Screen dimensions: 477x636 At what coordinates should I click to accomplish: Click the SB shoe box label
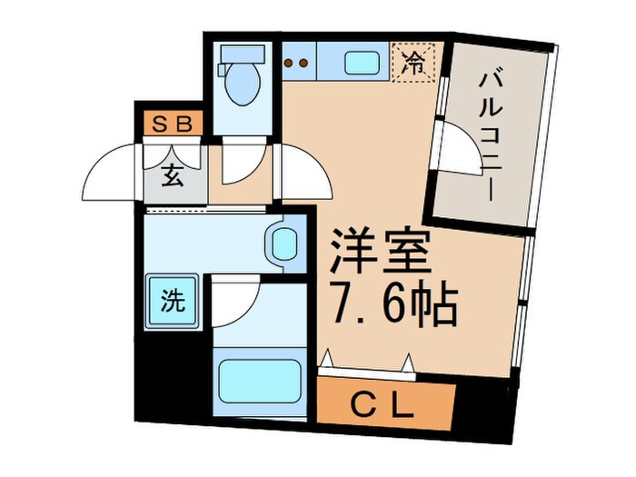tap(171, 124)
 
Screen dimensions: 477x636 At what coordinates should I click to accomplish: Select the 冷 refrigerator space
tap(414, 64)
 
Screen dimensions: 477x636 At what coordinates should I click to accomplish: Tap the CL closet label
tap(385, 401)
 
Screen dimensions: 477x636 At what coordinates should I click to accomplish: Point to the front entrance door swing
tap(111, 174)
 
